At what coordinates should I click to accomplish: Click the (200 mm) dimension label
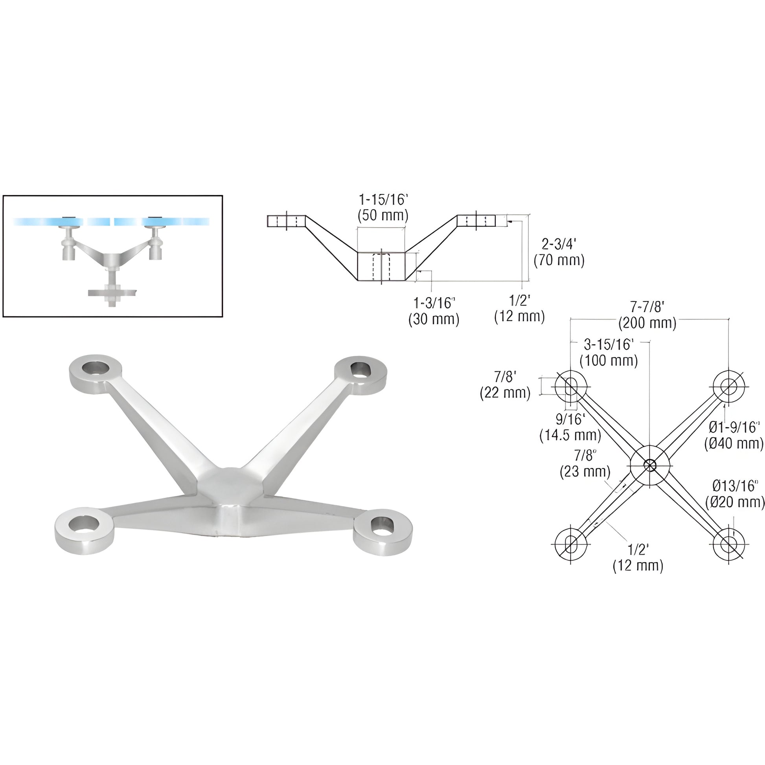pyautogui.click(x=647, y=323)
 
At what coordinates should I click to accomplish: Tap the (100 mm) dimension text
pyautogui.click(x=609, y=360)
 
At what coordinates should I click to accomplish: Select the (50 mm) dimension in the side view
pyautogui.click(x=383, y=215)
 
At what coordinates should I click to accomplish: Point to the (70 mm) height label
pyautogui.click(x=559, y=261)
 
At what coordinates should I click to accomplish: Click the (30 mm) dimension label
pyautogui.click(x=434, y=319)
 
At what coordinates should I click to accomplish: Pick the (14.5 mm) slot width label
pyautogui.click(x=570, y=435)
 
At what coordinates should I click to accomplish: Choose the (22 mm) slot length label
pyautogui.click(x=505, y=393)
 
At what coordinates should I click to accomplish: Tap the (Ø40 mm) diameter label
pyautogui.click(x=733, y=443)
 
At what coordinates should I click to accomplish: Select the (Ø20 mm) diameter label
pyautogui.click(x=735, y=502)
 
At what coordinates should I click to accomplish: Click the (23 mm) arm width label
pyautogui.click(x=585, y=472)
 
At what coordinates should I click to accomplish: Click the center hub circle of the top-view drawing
pyautogui.click(x=650, y=465)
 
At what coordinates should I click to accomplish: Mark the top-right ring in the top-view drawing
pyautogui.click(x=728, y=386)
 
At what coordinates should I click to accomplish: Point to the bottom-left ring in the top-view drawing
pyautogui.click(x=570, y=544)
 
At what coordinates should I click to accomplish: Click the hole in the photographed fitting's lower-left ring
pyautogui.click(x=84, y=524)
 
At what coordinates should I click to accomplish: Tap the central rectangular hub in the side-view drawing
pyautogui.click(x=381, y=267)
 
